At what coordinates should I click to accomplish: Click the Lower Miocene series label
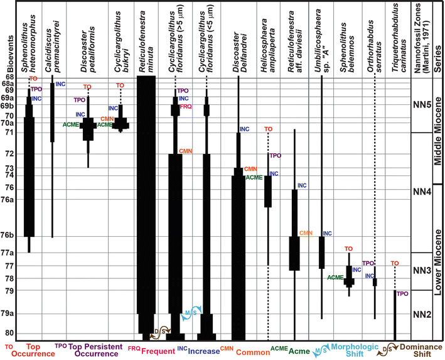click(x=437, y=264)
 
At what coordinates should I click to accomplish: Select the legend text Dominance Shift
click(x=414, y=350)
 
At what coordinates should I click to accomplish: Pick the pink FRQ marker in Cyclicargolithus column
click(x=186, y=107)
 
